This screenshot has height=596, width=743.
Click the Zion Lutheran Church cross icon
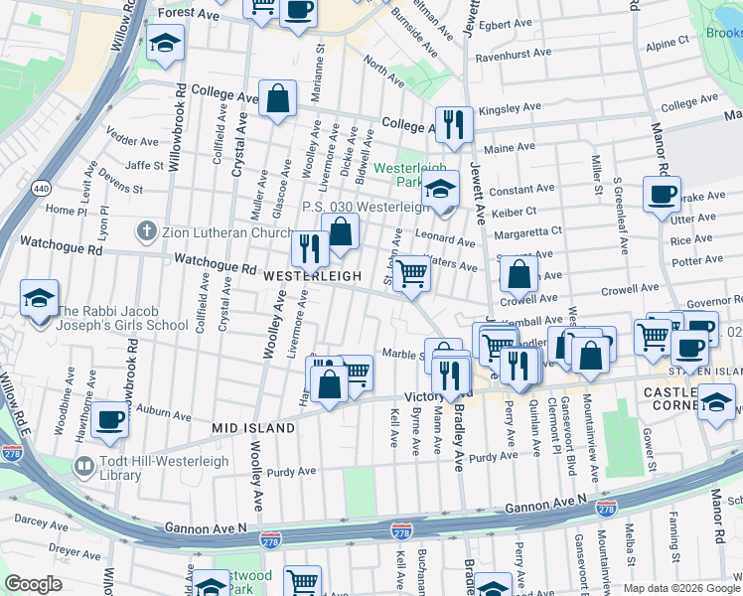tap(146, 232)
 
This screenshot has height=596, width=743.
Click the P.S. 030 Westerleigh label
tap(366, 208)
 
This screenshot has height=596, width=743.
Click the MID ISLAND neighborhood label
tap(252, 427)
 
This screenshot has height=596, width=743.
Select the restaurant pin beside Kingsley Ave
tap(453, 123)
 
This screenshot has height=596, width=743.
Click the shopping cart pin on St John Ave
tap(412, 273)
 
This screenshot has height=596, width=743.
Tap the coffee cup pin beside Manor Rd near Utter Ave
tap(661, 194)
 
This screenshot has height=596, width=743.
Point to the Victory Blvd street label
tap(427, 395)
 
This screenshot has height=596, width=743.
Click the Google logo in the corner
tap(34, 583)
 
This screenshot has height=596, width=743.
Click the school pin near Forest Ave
tap(165, 43)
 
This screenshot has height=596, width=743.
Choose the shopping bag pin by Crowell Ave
tap(519, 274)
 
